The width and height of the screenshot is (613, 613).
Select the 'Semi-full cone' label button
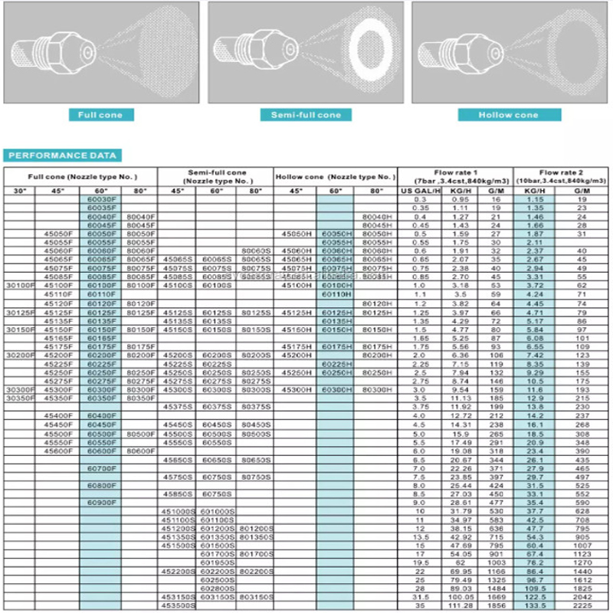coord(306,115)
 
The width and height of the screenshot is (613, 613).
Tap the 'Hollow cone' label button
coord(509,115)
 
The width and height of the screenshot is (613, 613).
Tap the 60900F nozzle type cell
coord(101,503)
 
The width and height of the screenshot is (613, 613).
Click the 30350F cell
coord(21,398)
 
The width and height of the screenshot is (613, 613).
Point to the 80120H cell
coord(376,303)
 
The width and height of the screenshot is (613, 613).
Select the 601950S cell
coord(217,562)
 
